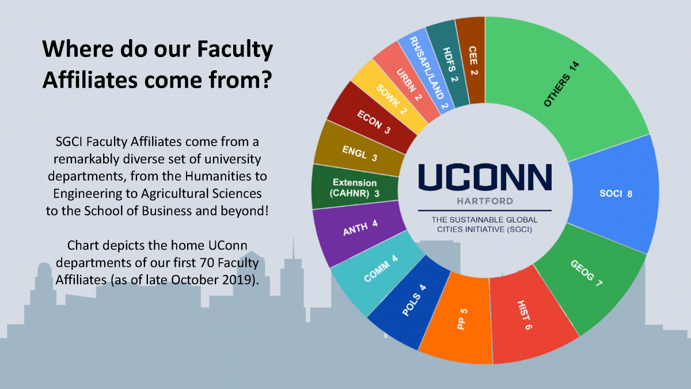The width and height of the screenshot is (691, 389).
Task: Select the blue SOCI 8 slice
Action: [x=614, y=194]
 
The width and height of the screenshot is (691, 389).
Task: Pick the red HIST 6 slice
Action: [x=527, y=315]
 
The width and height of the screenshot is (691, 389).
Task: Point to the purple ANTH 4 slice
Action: [x=359, y=228]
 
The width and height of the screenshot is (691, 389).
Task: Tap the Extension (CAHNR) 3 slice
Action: [x=355, y=188]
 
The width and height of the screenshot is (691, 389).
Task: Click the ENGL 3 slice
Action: [x=359, y=153]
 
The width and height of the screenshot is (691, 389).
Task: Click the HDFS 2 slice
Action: [x=449, y=65]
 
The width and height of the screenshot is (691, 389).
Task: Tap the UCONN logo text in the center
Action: [x=485, y=177]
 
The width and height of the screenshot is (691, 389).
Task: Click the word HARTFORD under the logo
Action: [x=485, y=201]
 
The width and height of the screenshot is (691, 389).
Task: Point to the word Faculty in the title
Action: [x=235, y=50]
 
